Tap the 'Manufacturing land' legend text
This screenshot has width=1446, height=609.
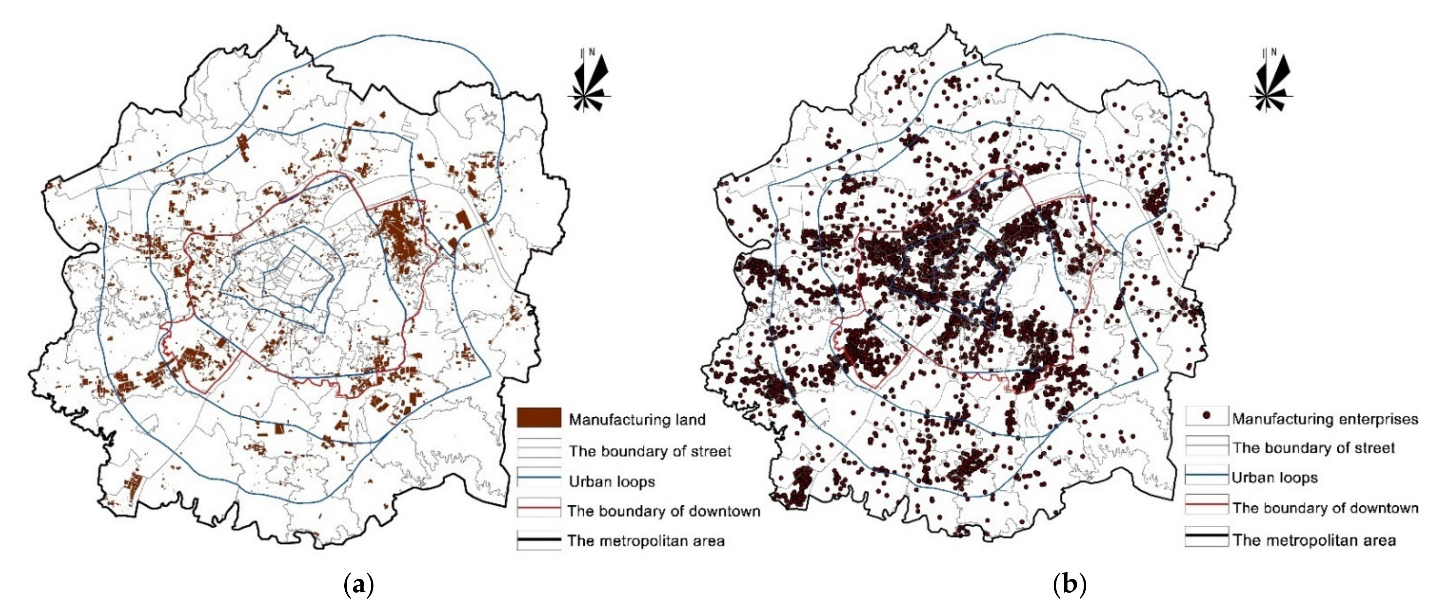pos(637,420)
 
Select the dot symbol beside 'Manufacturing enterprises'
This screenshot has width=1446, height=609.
pos(1206,417)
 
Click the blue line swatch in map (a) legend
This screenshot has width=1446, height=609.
pos(539,478)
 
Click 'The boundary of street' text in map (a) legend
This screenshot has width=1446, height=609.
pos(650,451)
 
